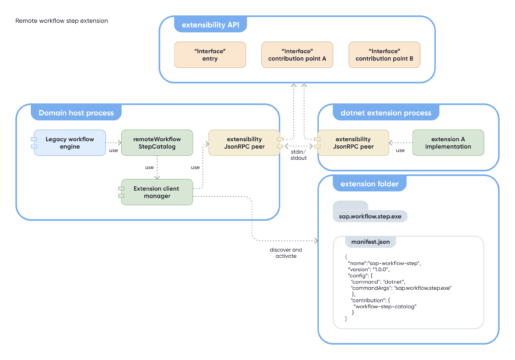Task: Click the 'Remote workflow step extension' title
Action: (62, 20)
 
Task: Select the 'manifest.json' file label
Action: (369, 241)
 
